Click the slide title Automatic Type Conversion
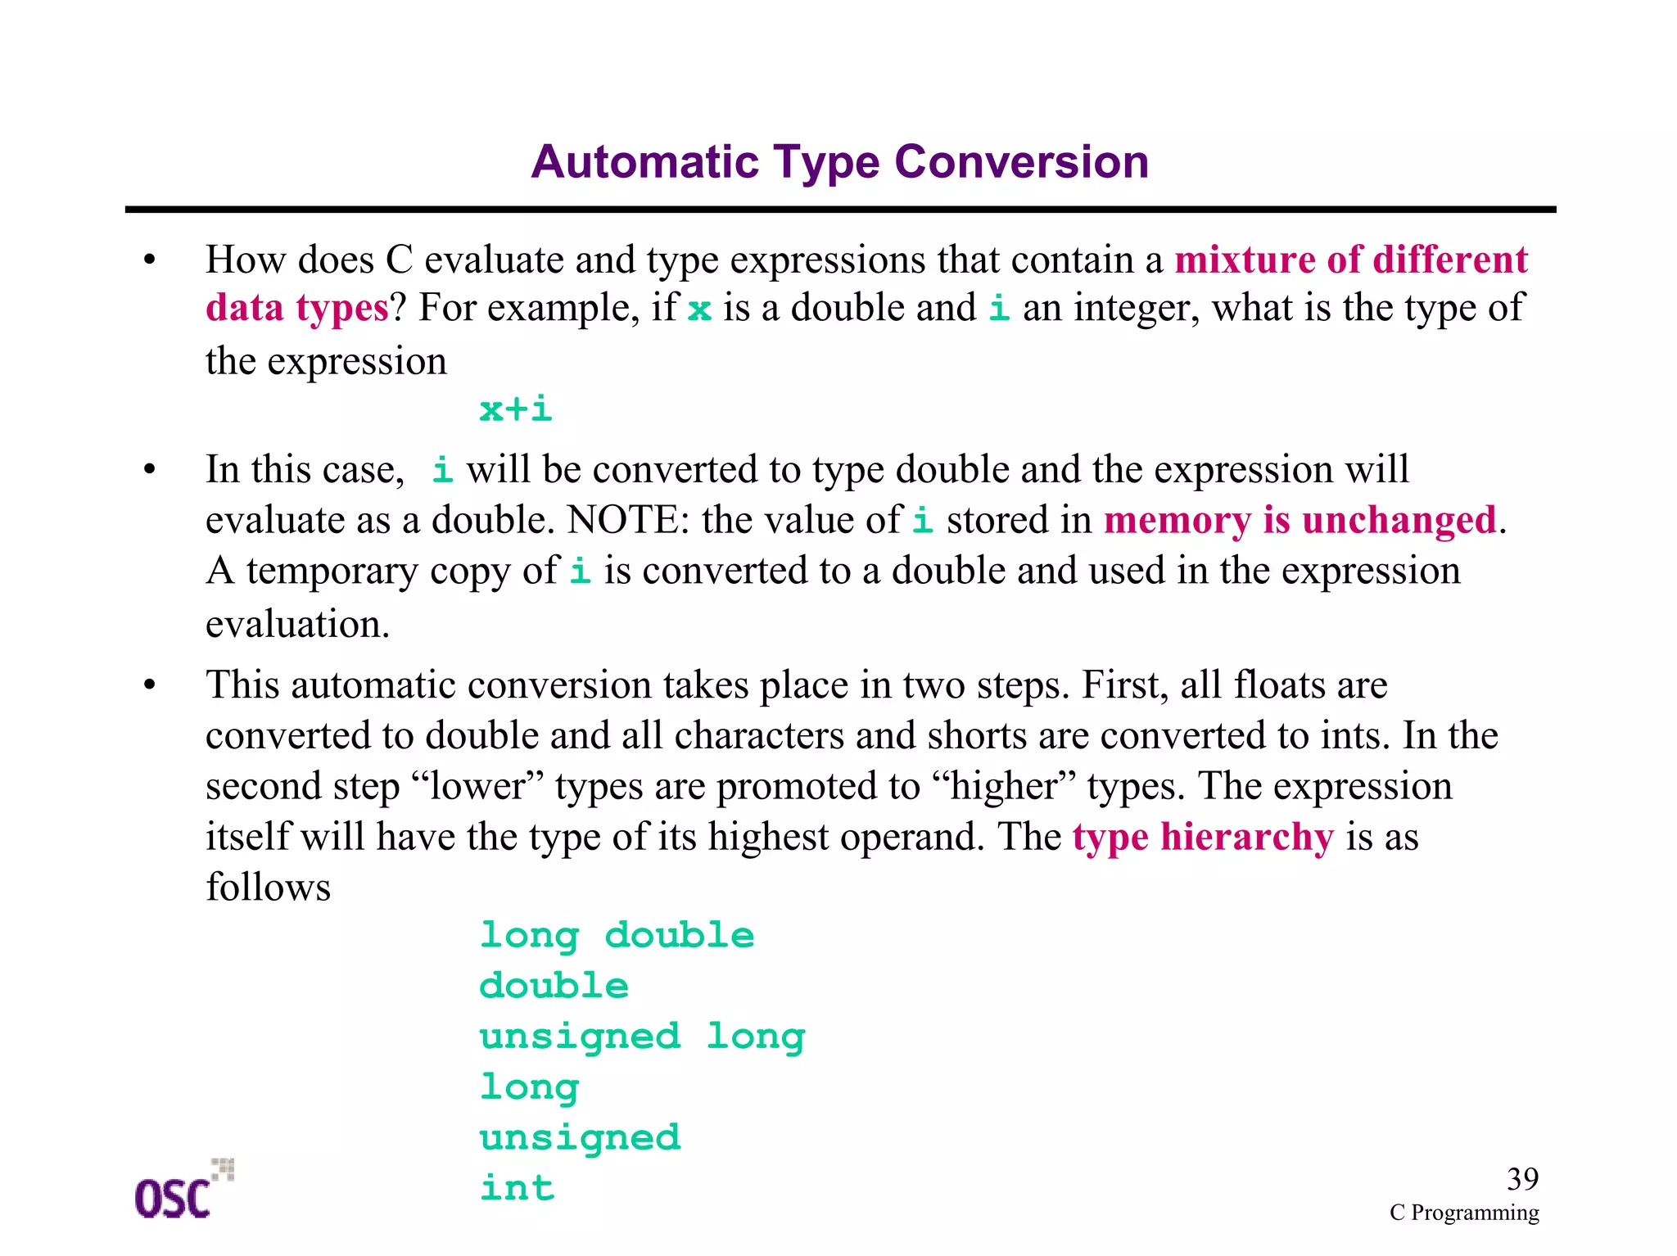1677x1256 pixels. tap(839, 162)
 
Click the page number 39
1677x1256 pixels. tap(1522, 1179)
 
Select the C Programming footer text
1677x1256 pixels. tap(1464, 1213)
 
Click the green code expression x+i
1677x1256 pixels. tap(516, 409)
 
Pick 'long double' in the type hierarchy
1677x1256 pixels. tap(617, 936)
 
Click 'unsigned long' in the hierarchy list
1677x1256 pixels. tap(642, 1037)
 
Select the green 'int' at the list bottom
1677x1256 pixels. tap(517, 1188)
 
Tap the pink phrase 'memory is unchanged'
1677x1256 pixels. tap(1300, 521)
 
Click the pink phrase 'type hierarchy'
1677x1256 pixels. tap(1203, 837)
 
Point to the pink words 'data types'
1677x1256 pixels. tap(296, 309)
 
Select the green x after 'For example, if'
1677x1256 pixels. tap(699, 310)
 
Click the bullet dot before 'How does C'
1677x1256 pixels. tap(149, 261)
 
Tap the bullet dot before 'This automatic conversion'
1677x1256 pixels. tap(149, 686)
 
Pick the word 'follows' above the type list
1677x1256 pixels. tap(268, 888)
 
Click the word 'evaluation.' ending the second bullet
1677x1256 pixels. tap(297, 625)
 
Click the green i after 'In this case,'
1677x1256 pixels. tap(442, 471)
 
